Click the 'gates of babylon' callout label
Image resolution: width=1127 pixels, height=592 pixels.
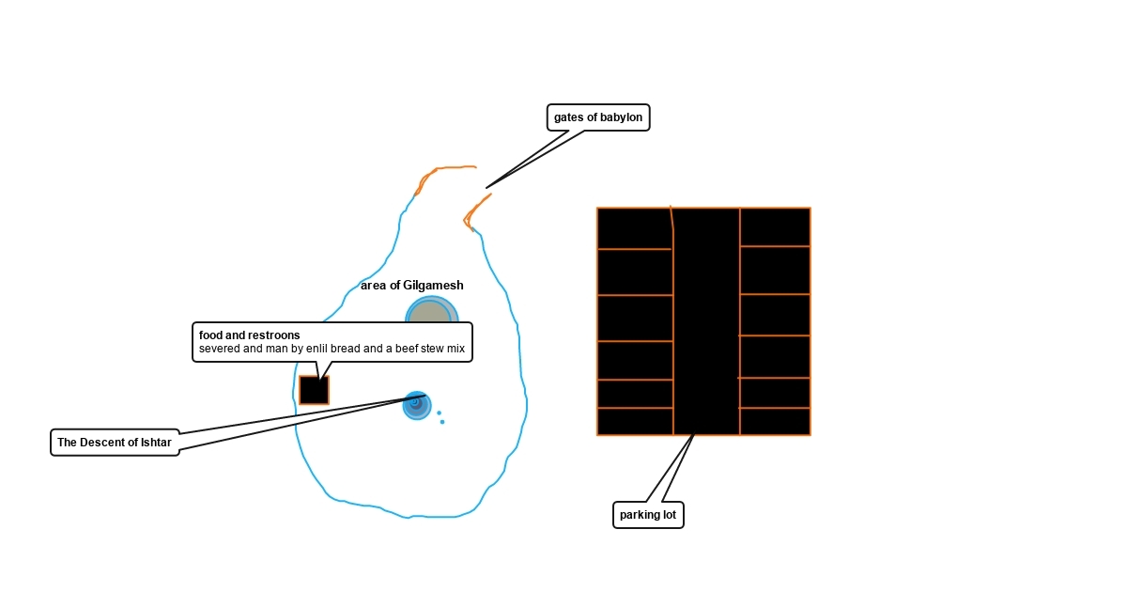point(598,117)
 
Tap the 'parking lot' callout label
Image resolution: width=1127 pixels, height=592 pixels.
point(648,515)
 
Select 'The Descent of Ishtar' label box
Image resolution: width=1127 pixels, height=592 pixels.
point(115,443)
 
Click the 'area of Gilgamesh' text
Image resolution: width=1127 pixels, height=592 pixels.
point(411,286)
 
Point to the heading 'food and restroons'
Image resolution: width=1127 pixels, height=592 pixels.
point(250,335)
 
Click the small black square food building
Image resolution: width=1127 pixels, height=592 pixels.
point(314,390)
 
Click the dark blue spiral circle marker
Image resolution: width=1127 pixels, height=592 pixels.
point(416,404)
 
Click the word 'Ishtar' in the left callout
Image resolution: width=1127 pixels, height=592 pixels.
point(155,443)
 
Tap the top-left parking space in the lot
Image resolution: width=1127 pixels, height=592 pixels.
point(634,228)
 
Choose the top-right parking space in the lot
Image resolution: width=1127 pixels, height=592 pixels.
point(775,226)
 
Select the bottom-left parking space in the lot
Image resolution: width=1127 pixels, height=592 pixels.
point(635,422)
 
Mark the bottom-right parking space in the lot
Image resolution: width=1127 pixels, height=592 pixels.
point(775,422)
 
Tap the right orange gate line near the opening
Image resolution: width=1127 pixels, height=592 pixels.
point(475,210)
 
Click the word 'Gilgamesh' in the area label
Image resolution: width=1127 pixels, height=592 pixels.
point(433,286)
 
